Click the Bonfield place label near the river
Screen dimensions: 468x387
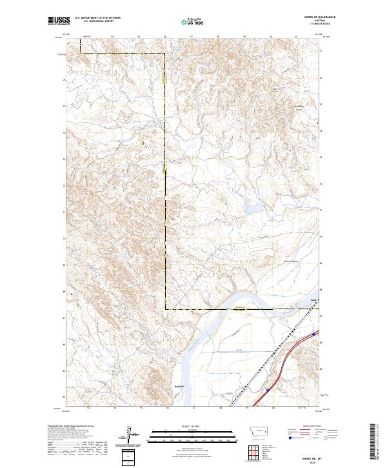coord(161,387)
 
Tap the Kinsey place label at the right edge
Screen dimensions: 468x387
coord(313,300)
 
